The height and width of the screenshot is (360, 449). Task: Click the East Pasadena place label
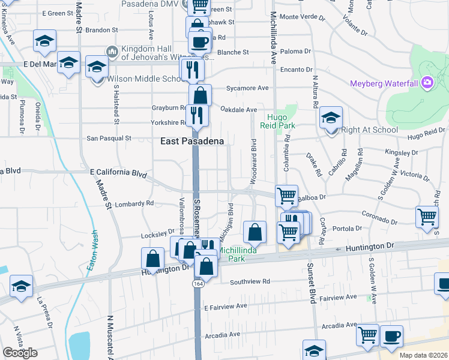click(x=192, y=141)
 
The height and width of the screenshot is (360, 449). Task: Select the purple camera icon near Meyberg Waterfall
click(x=427, y=82)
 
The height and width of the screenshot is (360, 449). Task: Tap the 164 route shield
click(x=197, y=283)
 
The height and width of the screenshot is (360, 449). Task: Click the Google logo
click(x=20, y=353)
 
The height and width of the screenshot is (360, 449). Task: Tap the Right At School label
click(x=369, y=130)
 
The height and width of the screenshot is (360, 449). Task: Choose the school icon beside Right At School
click(x=331, y=118)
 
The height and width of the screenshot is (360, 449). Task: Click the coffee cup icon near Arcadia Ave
click(x=391, y=336)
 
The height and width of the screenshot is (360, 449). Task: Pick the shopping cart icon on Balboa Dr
click(x=286, y=195)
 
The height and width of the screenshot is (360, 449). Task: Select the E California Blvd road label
click(x=118, y=173)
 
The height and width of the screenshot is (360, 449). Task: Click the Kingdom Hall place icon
click(x=112, y=52)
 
